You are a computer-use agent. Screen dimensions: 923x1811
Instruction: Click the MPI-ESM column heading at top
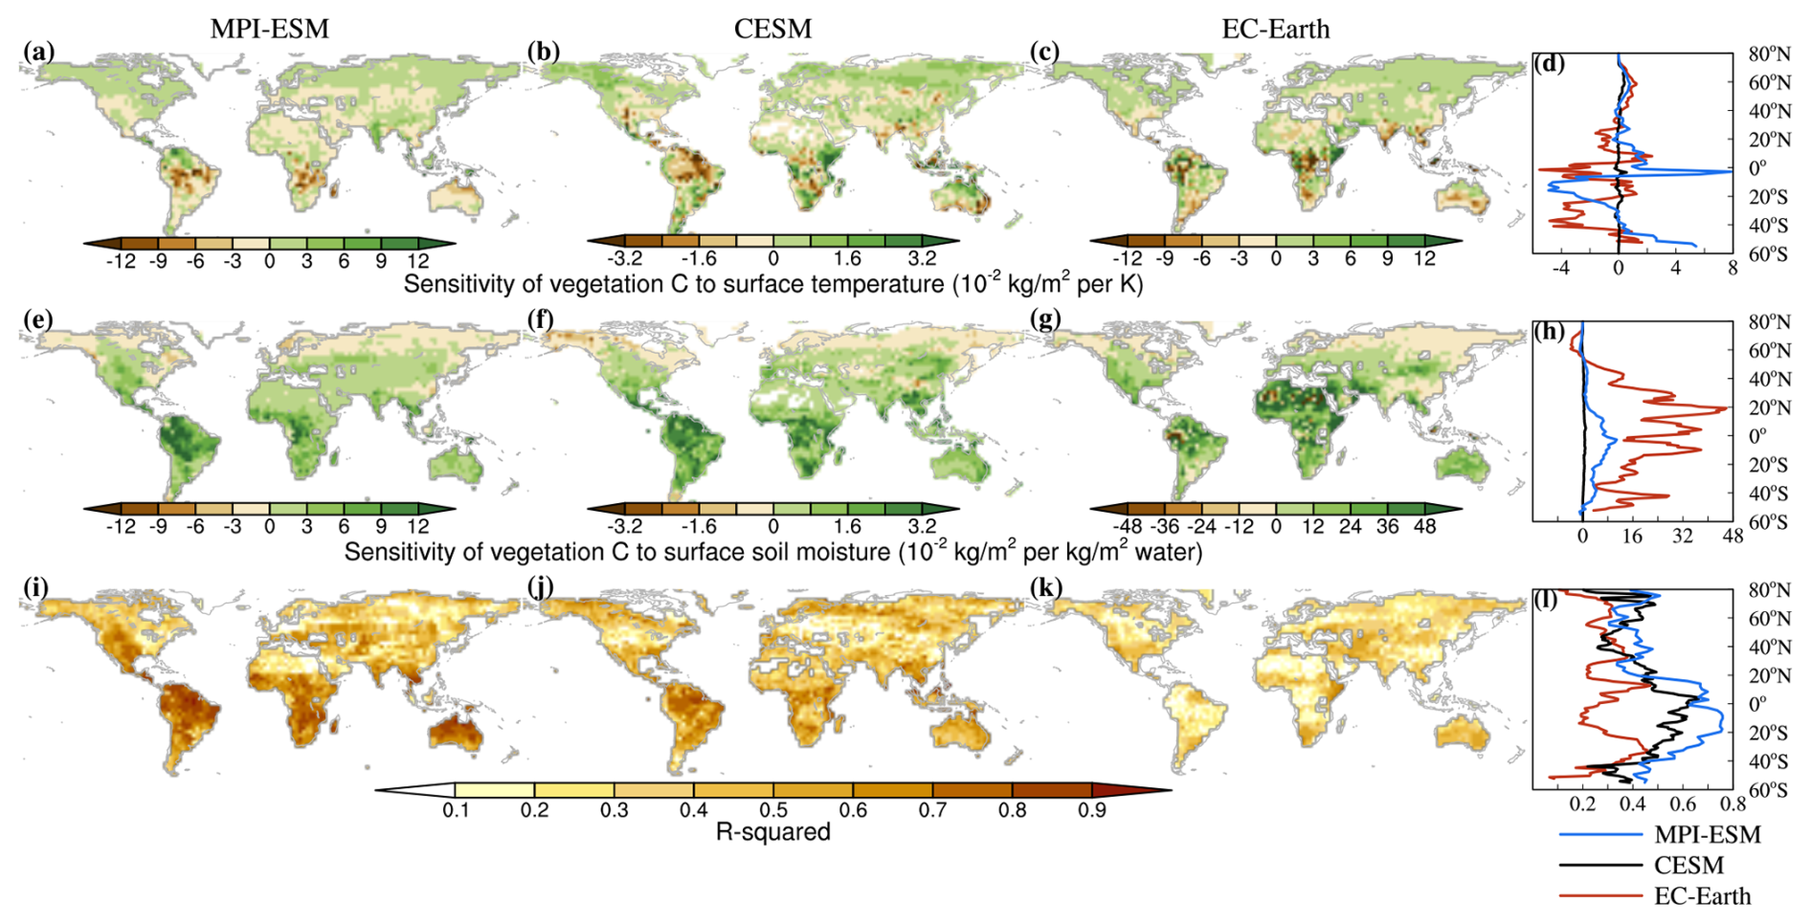(269, 29)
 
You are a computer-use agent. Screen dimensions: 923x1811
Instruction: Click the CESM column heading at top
(772, 29)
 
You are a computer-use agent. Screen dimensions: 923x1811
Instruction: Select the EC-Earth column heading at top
(1275, 29)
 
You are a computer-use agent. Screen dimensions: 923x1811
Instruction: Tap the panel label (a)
(39, 51)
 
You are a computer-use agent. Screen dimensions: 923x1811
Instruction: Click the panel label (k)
(1044, 586)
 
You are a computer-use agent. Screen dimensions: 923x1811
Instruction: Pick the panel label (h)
(1549, 331)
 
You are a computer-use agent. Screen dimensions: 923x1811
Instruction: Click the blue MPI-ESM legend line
(1599, 834)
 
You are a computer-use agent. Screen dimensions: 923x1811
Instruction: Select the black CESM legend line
(1599, 865)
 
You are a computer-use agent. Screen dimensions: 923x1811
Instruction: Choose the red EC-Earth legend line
(1599, 896)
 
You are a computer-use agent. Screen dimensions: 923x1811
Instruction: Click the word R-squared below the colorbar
(772, 832)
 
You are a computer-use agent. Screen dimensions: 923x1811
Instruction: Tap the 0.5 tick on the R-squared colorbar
(773, 810)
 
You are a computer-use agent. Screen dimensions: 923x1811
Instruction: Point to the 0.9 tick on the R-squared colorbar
(1092, 810)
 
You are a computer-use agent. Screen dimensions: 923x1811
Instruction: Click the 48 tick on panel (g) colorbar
(1424, 526)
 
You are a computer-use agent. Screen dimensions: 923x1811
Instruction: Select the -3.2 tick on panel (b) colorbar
(624, 259)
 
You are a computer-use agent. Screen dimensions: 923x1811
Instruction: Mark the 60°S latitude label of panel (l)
(1768, 790)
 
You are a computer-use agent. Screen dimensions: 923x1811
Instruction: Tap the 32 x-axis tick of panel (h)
(1682, 537)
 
